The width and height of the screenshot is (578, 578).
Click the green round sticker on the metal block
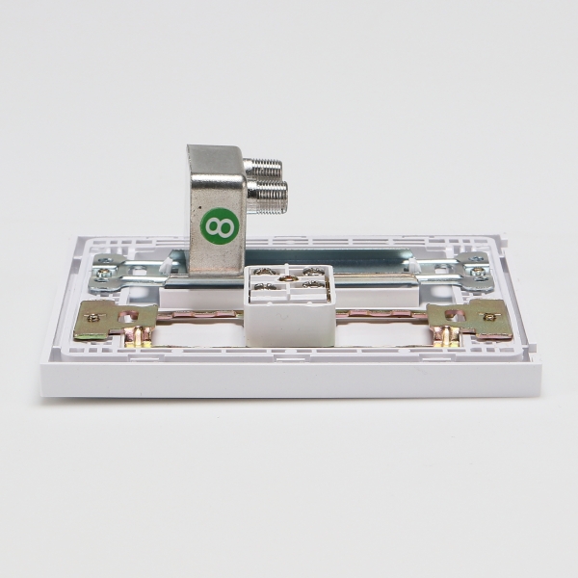[x=220, y=225]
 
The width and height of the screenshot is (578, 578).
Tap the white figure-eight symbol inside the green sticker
[x=220, y=226]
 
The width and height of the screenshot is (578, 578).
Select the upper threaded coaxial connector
[x=264, y=168]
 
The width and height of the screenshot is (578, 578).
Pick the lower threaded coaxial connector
[x=267, y=193]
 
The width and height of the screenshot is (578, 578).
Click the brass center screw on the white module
[x=284, y=278]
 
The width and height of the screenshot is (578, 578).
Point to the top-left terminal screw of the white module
[x=264, y=272]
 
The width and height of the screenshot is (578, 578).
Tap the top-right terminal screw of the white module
[x=314, y=272]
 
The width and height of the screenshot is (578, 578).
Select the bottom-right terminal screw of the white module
[x=314, y=284]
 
